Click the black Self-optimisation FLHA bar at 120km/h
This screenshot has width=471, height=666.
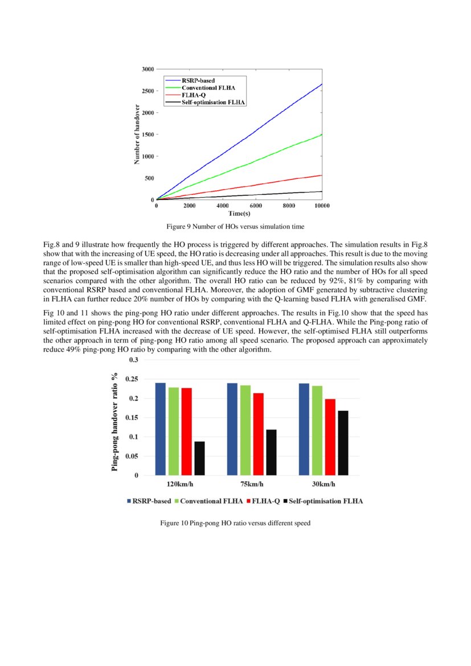(x=199, y=458)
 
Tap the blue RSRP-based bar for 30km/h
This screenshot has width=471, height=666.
(x=304, y=429)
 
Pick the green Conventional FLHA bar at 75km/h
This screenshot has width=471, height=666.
(x=245, y=430)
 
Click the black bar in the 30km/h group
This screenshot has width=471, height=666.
(x=343, y=443)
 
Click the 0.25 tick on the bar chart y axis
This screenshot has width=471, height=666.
(x=132, y=379)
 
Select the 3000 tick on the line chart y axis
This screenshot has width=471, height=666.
(x=148, y=69)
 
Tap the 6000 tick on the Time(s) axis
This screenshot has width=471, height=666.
(x=256, y=206)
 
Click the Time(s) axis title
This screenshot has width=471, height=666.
(x=239, y=213)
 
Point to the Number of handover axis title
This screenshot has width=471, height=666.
(x=137, y=134)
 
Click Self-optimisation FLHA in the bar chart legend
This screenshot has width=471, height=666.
(x=326, y=501)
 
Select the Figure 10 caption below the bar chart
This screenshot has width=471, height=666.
(x=235, y=522)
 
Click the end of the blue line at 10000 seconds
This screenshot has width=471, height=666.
(x=322, y=84)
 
